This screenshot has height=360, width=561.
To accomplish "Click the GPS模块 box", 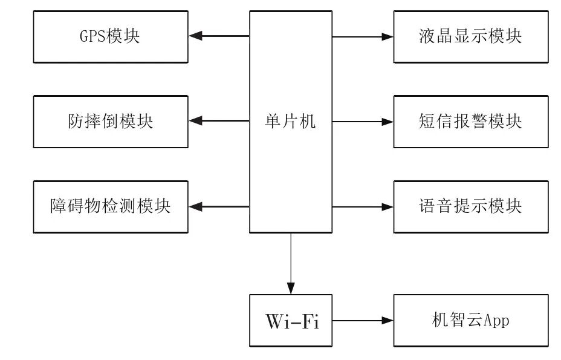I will click(x=110, y=36).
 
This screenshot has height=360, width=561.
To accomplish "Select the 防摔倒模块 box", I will click(x=110, y=122).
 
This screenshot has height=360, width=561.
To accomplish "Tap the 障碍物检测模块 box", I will click(x=110, y=207).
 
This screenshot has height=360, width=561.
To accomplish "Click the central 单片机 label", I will click(x=291, y=122).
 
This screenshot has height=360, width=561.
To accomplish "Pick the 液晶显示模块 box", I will click(x=471, y=36).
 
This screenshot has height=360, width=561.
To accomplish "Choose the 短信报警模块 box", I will click(x=471, y=122).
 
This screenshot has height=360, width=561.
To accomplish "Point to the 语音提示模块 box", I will click(x=471, y=207).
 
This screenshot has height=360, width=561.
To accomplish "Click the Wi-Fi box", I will click(x=291, y=321).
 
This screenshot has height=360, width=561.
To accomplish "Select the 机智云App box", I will click(x=471, y=321).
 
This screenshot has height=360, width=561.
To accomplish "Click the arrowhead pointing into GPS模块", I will click(x=195, y=36).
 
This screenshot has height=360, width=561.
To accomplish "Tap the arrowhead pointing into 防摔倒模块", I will click(x=195, y=122).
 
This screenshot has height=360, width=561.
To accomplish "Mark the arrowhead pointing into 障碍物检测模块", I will click(x=195, y=207).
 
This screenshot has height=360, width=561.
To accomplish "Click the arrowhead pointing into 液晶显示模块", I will click(x=388, y=36).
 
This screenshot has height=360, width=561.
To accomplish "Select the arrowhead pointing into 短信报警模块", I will click(x=388, y=122).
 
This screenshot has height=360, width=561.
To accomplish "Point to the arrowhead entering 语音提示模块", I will click(x=388, y=207).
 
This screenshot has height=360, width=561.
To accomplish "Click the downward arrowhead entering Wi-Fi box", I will click(x=291, y=289).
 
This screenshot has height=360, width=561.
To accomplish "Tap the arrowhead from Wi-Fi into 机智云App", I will click(x=388, y=321).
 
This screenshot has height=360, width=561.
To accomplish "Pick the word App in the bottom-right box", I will click(x=496, y=321).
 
